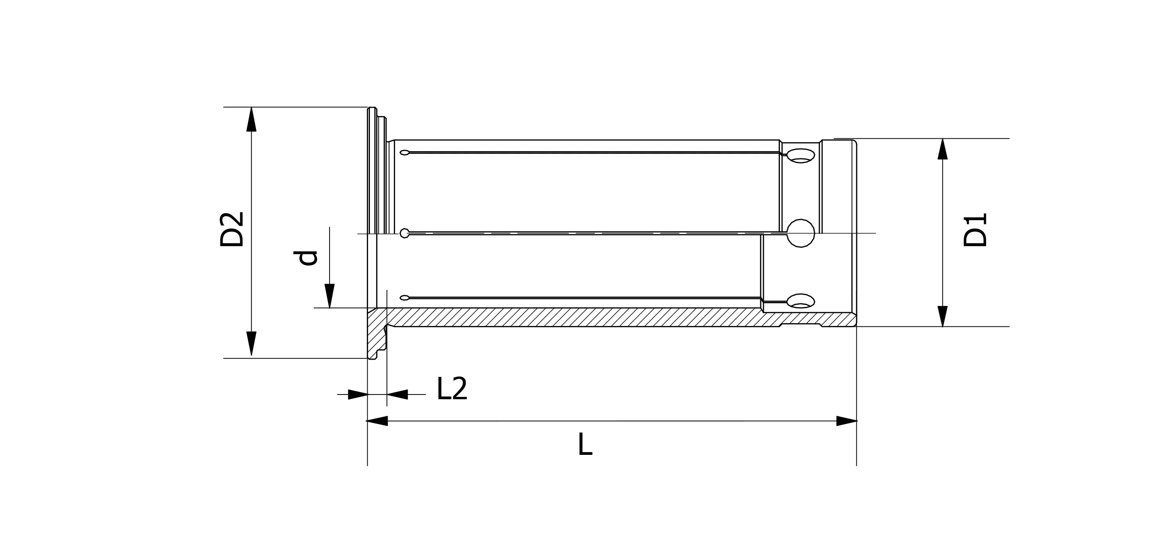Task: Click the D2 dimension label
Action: (x=232, y=229)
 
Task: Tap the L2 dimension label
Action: (x=452, y=389)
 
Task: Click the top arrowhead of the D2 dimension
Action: (x=251, y=119)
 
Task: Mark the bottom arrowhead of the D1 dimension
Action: (x=942, y=317)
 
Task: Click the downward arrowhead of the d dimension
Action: (x=330, y=296)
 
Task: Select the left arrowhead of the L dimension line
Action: (x=377, y=421)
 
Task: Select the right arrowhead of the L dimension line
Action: (x=846, y=421)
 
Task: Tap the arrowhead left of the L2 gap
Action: (x=358, y=395)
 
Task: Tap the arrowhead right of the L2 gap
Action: (x=397, y=395)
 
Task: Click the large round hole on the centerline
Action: (x=801, y=233)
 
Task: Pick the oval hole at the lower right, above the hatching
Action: (x=801, y=301)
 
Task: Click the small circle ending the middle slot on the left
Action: (x=404, y=233)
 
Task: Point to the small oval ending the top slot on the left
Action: (x=404, y=152)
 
